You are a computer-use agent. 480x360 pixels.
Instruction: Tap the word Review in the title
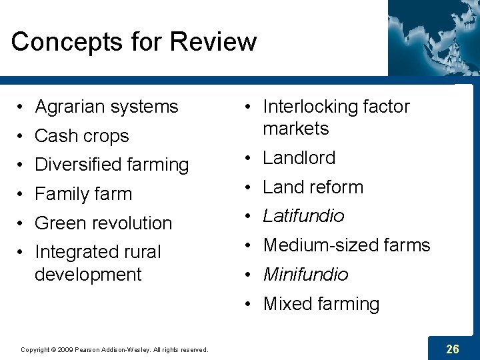(x=213, y=41)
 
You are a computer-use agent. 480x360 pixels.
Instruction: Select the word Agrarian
(x=73, y=107)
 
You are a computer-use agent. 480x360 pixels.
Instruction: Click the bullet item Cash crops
(x=81, y=136)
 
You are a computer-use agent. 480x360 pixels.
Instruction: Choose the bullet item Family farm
(x=83, y=194)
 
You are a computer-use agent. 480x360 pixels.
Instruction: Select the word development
(x=88, y=274)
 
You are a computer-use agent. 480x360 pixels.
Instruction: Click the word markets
(x=296, y=129)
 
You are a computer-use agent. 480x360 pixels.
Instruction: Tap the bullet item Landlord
(x=299, y=158)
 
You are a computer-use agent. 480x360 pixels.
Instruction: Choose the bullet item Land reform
(x=313, y=187)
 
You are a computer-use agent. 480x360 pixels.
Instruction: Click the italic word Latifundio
(x=303, y=216)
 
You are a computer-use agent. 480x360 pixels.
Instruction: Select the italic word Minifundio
(x=305, y=275)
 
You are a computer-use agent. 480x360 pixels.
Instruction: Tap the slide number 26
(x=453, y=349)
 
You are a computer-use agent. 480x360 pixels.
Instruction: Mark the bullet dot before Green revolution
(x=22, y=223)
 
